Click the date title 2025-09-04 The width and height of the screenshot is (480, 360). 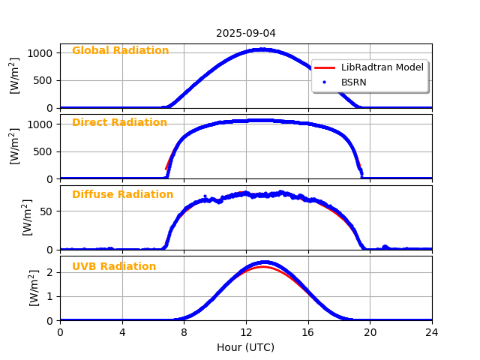point(245,33)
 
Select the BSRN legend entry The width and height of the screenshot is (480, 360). point(354,82)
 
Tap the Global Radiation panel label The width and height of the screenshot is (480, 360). point(120,51)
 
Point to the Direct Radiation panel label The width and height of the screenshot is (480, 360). point(119,123)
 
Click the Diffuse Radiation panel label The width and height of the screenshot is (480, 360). point(122,195)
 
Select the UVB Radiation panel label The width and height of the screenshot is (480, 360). point(114,267)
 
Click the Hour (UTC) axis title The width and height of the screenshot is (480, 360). point(245,347)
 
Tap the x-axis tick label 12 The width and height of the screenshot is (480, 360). point(246,332)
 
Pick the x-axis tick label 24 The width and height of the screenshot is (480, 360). point(432,332)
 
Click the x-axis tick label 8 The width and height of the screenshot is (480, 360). point(184,332)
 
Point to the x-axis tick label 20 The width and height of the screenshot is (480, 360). point(370,332)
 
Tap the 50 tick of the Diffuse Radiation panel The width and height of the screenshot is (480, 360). point(46,211)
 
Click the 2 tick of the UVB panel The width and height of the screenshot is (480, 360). point(49,272)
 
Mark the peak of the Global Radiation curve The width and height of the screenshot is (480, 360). point(260,49)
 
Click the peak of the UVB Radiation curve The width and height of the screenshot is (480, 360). point(265,262)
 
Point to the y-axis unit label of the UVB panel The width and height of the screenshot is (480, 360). point(34,288)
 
